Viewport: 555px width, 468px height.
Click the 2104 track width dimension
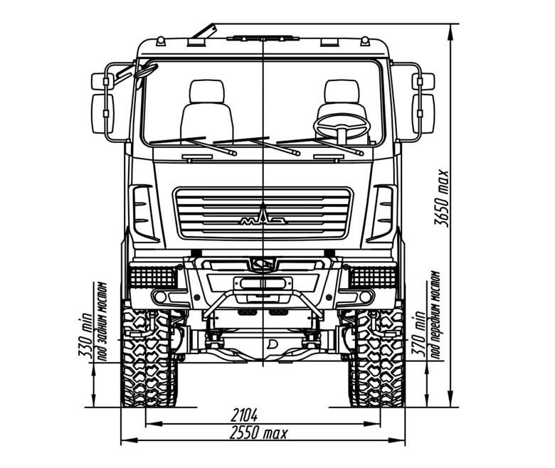tap(244, 415)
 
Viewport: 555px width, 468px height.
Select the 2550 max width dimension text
tap(259, 432)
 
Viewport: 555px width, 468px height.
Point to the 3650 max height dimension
tap(441, 198)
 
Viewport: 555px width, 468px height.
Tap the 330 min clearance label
tap(85, 334)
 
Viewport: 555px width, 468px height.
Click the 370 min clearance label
tap(418, 334)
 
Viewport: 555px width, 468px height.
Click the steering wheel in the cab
tap(342, 126)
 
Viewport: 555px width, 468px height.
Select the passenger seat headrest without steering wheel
tap(207, 92)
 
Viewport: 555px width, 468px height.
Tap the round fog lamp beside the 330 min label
tap(160, 297)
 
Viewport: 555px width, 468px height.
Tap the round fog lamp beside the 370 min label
tap(365, 297)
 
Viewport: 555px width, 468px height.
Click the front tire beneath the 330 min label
tap(149, 357)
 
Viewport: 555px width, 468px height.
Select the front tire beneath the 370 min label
tap(377, 357)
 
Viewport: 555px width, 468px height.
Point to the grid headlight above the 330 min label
tap(153, 277)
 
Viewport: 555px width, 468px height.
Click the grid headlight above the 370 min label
tap(373, 277)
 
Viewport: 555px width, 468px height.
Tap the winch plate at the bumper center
tap(263, 283)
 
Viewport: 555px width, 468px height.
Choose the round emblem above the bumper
tap(263, 264)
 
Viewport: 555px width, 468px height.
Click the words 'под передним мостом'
tap(435, 315)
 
